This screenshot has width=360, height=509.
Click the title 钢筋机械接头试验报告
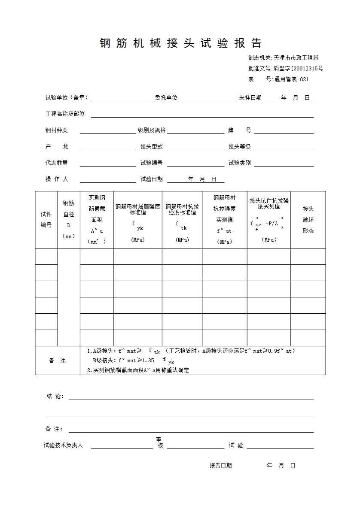pyautogui.click(x=180, y=43)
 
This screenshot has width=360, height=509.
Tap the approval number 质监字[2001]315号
pyautogui.click(x=298, y=68)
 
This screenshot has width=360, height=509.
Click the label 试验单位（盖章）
pyautogui.click(x=67, y=98)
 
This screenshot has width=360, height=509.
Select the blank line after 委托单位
pyautogui.click(x=207, y=98)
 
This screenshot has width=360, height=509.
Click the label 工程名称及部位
pyautogui.click(x=65, y=114)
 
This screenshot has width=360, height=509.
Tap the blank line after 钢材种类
pyautogui.click(x=107, y=131)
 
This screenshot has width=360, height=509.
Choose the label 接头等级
pyautogui.click(x=240, y=147)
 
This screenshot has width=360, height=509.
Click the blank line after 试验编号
pyautogui.click(x=195, y=164)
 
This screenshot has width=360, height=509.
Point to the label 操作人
pyautogui.click(x=57, y=179)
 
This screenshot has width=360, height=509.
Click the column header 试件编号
pyautogui.click(x=46, y=219)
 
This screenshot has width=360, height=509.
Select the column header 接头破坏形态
pyautogui.click(x=308, y=219)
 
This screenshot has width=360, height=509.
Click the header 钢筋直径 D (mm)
pyautogui.click(x=69, y=219)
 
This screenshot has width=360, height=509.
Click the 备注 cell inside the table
pyautogui.click(x=58, y=361)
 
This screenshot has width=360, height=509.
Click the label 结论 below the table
pyautogui.click(x=55, y=396)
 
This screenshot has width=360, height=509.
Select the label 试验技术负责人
pyautogui.click(x=63, y=445)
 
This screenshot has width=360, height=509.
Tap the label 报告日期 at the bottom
pyautogui.click(x=220, y=465)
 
